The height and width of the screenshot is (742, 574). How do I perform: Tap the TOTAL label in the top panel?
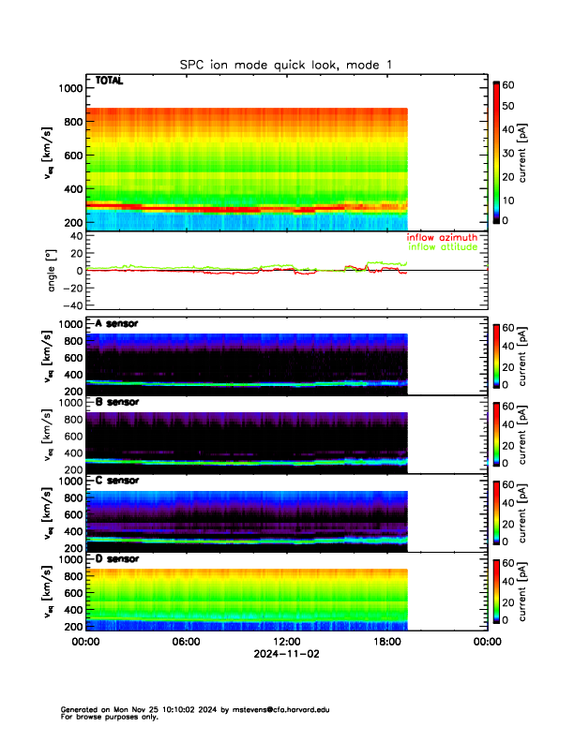pos(109,81)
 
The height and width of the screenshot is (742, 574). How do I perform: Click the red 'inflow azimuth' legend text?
pos(442,238)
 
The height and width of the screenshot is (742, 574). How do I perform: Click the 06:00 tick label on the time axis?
pos(186,642)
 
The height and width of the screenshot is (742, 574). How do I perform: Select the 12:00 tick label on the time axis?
pos(286,642)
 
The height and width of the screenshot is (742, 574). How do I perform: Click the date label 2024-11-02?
pos(286,654)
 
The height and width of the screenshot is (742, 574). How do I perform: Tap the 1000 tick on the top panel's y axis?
pos(70,88)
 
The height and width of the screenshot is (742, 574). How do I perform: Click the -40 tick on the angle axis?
pos(70,305)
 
